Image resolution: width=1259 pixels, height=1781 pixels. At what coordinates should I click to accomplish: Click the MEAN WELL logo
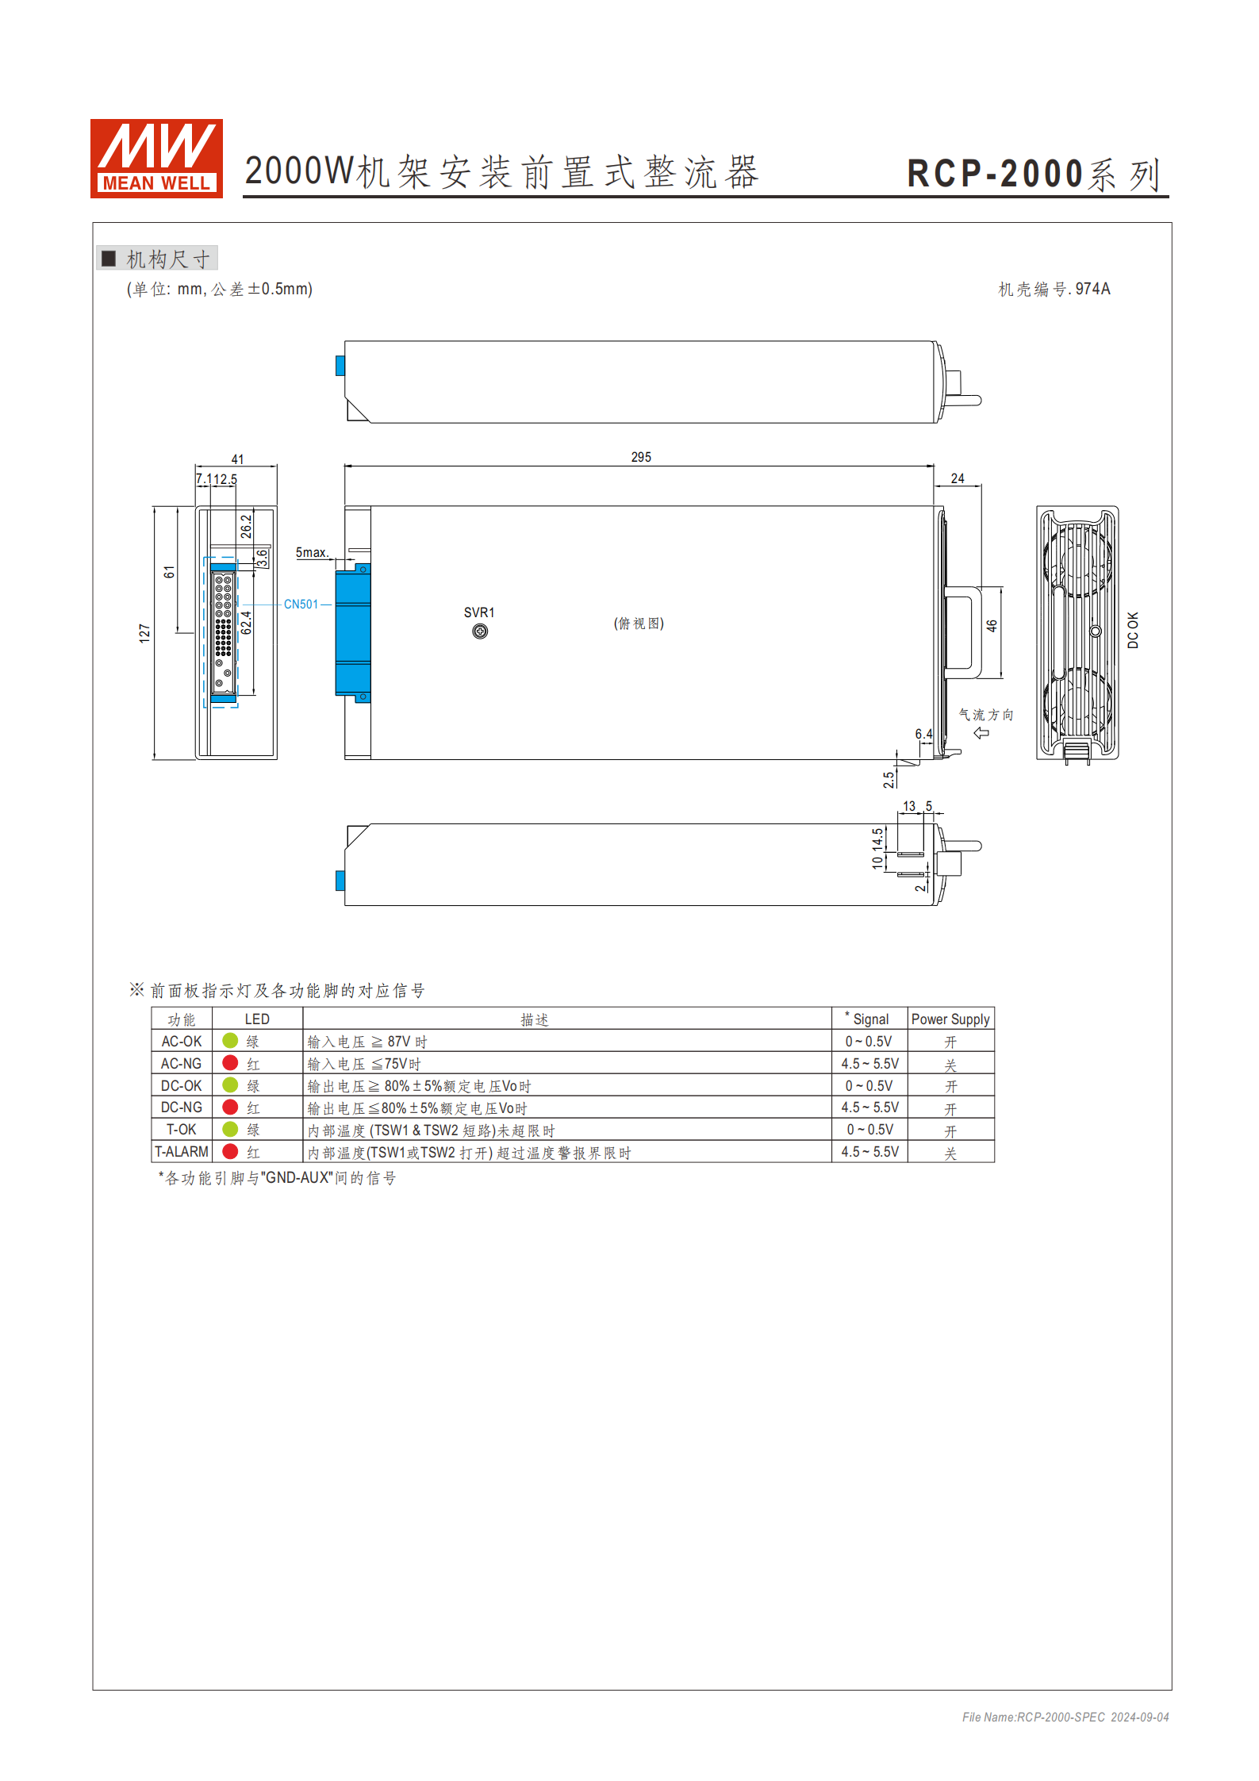(x=156, y=158)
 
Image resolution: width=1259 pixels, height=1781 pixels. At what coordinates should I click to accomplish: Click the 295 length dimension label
(x=641, y=457)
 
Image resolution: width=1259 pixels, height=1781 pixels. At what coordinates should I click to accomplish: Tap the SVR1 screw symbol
(x=480, y=631)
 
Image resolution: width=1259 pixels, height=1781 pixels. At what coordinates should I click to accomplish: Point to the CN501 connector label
(x=301, y=605)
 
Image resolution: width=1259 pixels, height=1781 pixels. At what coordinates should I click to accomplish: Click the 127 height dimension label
(x=144, y=632)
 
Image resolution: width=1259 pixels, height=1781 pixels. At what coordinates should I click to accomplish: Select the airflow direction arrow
(x=981, y=733)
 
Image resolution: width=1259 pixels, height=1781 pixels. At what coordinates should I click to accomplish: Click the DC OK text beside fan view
(x=1133, y=630)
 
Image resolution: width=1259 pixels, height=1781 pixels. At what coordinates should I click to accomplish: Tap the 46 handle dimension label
(x=992, y=626)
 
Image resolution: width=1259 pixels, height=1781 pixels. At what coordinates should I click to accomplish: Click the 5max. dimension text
(x=312, y=552)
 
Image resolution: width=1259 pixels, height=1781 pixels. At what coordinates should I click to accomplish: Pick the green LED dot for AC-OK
(x=230, y=1040)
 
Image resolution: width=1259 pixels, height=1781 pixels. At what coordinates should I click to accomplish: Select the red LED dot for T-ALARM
(x=230, y=1151)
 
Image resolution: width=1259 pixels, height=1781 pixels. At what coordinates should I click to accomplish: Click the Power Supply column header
(x=950, y=1019)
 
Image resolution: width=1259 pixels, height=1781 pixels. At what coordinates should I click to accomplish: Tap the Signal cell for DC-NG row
(x=869, y=1107)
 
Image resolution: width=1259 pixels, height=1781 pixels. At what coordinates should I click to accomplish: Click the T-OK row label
(x=181, y=1129)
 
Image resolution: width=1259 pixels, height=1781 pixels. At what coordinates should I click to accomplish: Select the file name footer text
(x=1065, y=1717)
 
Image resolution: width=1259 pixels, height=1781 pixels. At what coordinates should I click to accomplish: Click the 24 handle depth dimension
(x=958, y=478)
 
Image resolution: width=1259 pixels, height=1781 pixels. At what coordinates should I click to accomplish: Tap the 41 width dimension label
(x=237, y=459)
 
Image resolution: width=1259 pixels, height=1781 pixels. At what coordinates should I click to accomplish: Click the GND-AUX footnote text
(x=277, y=1178)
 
